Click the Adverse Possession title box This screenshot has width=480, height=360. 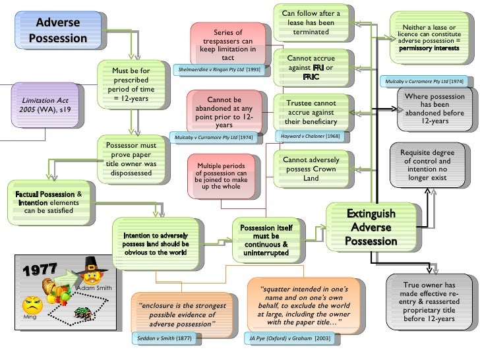tap(58, 30)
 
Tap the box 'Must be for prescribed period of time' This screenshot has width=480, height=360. tap(131, 85)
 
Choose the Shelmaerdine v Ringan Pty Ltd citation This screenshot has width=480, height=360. tap(215, 69)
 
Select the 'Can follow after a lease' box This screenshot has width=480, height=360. tap(311, 23)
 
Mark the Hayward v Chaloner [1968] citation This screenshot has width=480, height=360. tap(309, 136)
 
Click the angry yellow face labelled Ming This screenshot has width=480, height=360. tap(32, 305)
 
